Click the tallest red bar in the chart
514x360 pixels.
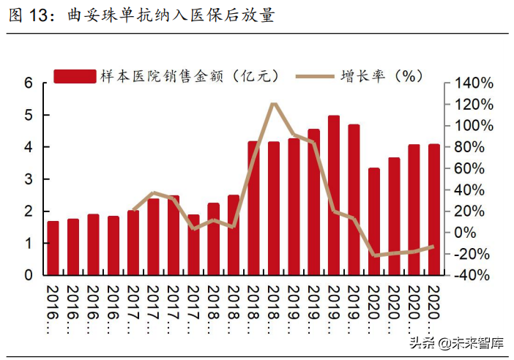334,195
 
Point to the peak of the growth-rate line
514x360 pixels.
273,104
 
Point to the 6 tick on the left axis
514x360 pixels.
29,83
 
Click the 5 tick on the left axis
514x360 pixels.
29,116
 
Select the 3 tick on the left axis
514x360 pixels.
29,179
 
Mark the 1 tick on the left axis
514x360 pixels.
29,244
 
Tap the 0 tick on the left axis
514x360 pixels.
29,276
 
